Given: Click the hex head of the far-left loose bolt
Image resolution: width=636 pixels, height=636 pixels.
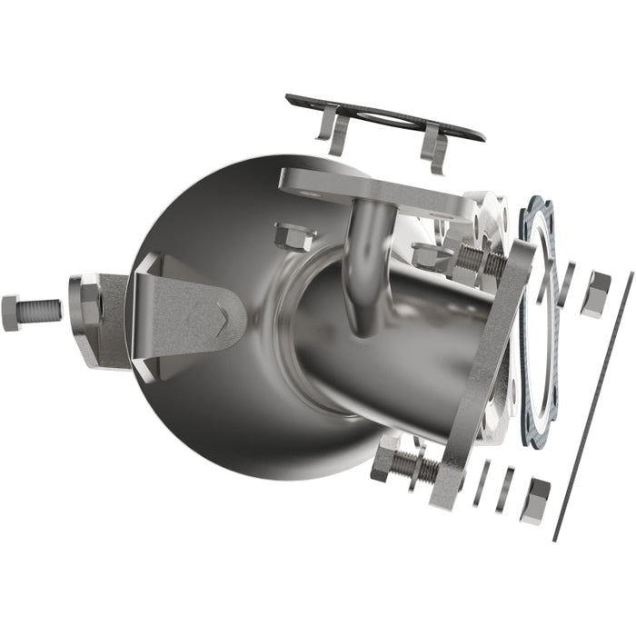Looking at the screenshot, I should (12, 313).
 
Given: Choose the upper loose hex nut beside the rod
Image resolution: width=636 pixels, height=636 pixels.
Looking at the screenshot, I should (595, 293).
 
